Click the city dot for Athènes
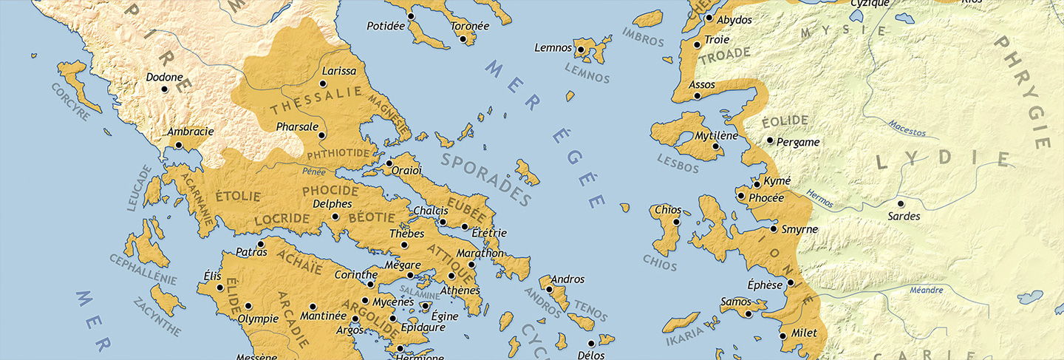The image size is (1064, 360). coord(451,276)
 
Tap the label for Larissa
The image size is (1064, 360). coord(339,72)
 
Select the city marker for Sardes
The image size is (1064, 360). coord(901,204)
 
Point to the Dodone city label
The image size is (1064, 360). coord(164,77)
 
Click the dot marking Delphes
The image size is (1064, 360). coord(335,217)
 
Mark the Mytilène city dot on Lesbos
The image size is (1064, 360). coord(715,146)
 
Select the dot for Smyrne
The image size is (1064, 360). coord(774,229)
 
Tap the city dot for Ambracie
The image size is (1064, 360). coord(178,145)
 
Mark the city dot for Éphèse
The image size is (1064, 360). coord(790,283)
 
